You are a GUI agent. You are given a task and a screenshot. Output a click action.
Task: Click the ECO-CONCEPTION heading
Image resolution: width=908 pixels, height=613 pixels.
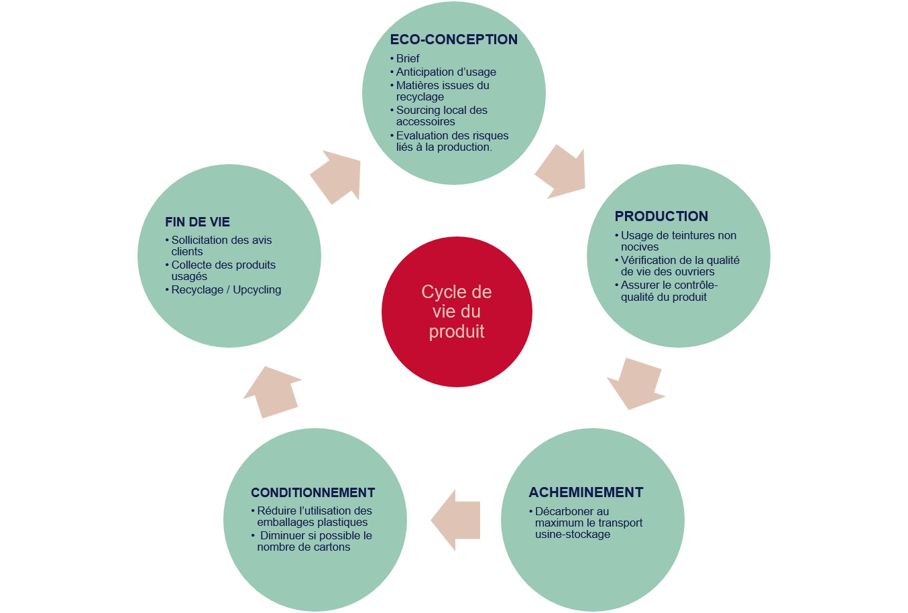(453, 40)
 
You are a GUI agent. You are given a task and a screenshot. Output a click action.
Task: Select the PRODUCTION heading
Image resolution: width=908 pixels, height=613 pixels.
(661, 216)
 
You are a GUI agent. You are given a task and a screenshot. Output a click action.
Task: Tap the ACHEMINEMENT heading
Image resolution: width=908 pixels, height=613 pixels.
(585, 492)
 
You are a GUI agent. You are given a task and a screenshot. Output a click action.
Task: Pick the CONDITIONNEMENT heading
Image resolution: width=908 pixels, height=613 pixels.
(313, 492)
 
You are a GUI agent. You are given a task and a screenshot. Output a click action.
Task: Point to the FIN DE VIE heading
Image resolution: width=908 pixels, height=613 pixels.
(197, 222)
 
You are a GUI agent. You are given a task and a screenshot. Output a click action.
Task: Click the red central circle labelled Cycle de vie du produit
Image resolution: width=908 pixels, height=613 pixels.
(457, 312)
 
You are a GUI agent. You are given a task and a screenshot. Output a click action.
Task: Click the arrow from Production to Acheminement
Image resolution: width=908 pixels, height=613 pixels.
(634, 384)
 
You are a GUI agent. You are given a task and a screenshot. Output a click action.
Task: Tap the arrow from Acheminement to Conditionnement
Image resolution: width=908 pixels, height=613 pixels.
(457, 520)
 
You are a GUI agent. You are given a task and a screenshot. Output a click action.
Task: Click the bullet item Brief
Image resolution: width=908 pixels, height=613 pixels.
(408, 59)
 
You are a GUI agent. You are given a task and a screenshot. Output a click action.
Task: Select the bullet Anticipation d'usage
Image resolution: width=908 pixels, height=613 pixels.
(446, 72)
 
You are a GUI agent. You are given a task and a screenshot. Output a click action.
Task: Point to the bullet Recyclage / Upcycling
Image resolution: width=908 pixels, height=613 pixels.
(226, 289)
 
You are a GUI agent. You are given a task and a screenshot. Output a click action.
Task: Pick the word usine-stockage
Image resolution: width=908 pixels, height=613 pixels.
(573, 534)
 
